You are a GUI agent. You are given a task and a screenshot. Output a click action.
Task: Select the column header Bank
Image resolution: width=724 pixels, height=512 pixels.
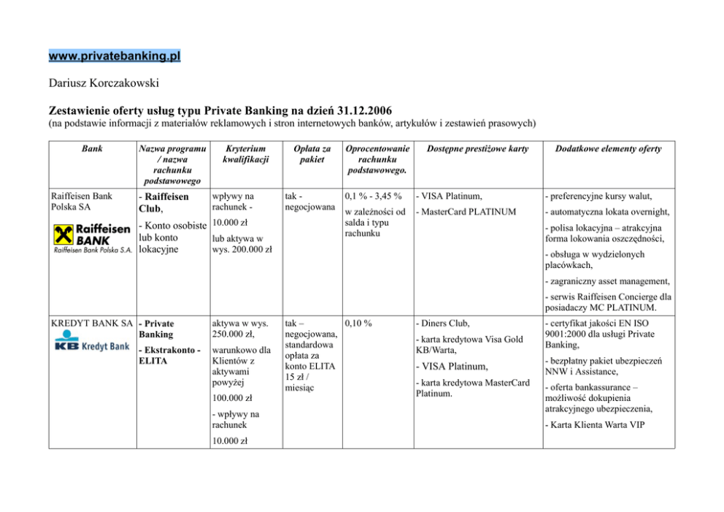(x=92, y=149)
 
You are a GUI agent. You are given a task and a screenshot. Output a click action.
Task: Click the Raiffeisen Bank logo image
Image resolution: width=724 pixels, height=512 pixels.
(x=91, y=238)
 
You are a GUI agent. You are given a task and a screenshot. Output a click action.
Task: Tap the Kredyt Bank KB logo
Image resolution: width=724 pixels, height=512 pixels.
(x=91, y=344)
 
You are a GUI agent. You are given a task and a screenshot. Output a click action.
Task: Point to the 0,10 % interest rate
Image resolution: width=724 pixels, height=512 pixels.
(x=358, y=323)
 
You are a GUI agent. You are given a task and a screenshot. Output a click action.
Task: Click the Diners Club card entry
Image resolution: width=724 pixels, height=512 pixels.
(x=444, y=323)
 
